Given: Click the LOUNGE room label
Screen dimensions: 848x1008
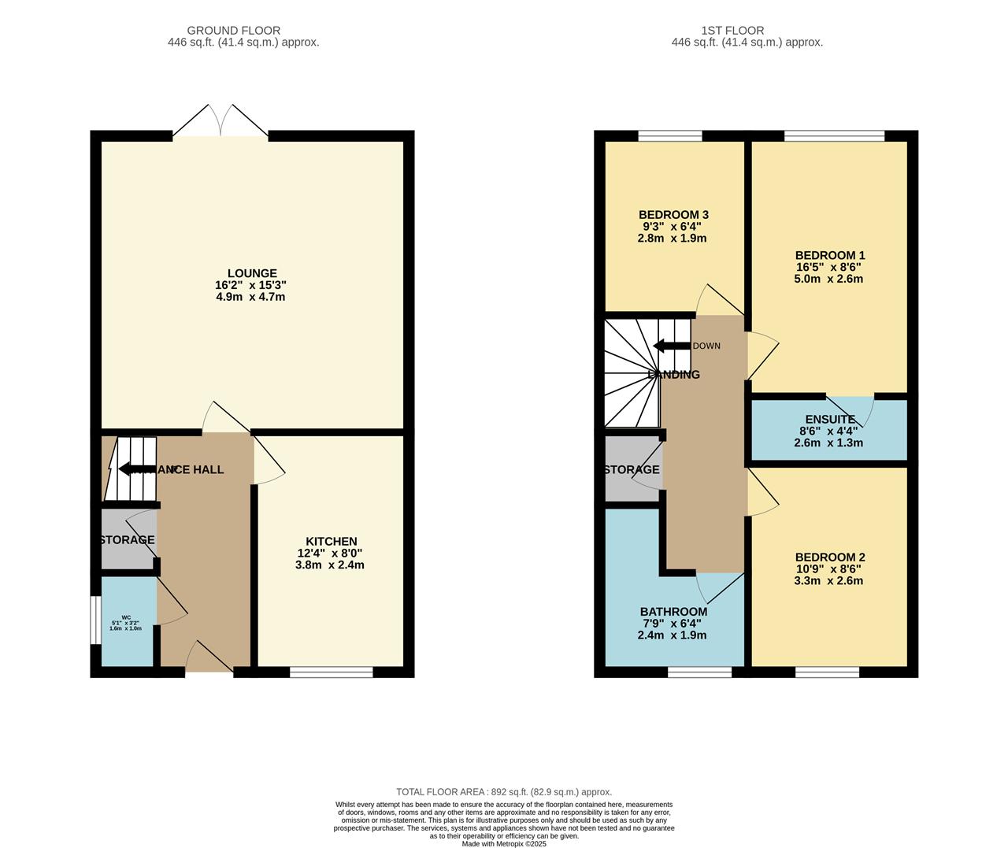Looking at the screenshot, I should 252,273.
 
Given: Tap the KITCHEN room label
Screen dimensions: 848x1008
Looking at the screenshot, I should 332,541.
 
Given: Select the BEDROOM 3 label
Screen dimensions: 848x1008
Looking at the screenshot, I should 673,215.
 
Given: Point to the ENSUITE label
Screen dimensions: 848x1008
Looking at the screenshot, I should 829,420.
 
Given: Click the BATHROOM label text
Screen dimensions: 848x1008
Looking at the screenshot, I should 673,612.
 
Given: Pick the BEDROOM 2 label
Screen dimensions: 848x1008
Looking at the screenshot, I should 829,557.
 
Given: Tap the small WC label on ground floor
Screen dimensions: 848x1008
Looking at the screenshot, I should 126,617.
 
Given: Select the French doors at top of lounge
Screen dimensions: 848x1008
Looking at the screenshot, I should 220,122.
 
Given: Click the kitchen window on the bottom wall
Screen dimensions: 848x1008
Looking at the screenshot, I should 331,672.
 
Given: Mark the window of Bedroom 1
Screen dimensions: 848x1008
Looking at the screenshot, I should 834,136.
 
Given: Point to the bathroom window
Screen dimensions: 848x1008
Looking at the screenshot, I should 699,672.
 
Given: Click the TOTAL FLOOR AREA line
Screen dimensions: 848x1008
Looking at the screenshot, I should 504,792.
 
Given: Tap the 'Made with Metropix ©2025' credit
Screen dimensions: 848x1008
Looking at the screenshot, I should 504,843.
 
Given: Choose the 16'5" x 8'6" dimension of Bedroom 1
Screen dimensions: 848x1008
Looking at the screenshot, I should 829,267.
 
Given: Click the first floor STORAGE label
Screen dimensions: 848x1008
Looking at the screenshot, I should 632,470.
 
